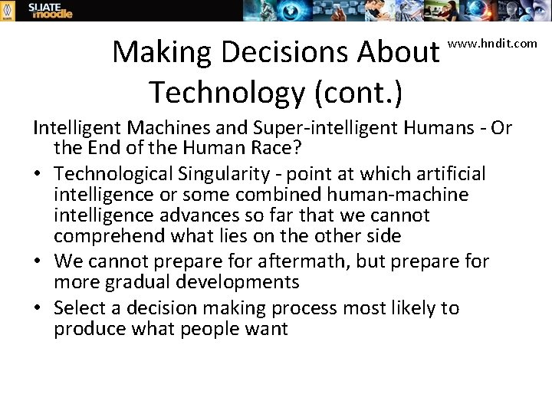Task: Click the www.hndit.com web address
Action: [492, 43]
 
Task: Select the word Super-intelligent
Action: [333, 128]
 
